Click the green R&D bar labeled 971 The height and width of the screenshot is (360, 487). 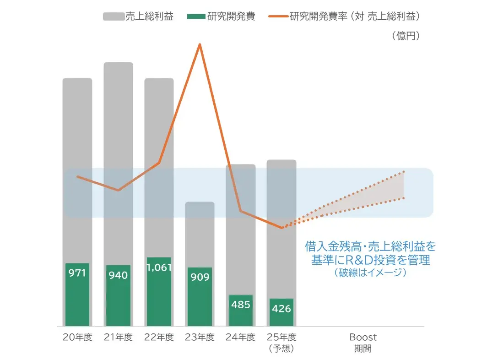pos(77,295)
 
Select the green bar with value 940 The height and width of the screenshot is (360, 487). pos(118,295)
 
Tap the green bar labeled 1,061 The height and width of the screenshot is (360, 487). pos(159,292)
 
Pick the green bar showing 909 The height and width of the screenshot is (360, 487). pos(200,296)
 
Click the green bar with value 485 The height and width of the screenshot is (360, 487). pos(241,310)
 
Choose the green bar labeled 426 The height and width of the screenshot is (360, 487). pos(281,312)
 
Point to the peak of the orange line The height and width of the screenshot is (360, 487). pos(200,44)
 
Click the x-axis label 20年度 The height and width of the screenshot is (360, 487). pos(77,338)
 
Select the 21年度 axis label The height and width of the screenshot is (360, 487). pos(118,338)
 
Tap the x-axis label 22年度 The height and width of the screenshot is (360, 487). pos(159,338)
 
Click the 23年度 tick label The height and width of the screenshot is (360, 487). pos(200,338)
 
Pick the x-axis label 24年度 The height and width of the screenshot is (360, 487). pos(241,338)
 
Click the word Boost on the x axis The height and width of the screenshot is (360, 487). pos(363,337)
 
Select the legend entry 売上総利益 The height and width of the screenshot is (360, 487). pos(149,17)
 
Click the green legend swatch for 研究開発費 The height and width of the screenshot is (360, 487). pos(196,17)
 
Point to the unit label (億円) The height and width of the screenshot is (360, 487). pos(406,36)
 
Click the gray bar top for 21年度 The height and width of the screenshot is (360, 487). pos(118,63)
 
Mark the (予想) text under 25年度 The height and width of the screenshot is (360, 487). pos(281,349)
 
